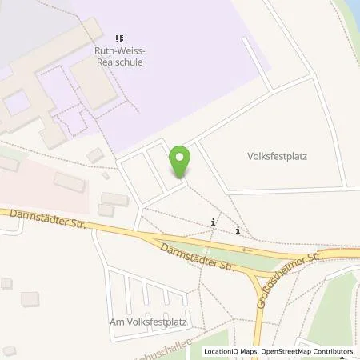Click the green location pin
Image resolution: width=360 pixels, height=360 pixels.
pos(181,161)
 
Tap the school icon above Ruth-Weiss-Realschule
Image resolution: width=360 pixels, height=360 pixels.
pos(120,38)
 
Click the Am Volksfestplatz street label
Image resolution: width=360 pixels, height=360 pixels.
pos(149,322)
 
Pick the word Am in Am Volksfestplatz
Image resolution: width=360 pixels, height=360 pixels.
pos(117,322)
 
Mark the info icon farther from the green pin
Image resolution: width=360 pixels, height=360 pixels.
pos(238,230)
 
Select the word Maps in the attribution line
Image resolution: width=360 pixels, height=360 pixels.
pos(253,351)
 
